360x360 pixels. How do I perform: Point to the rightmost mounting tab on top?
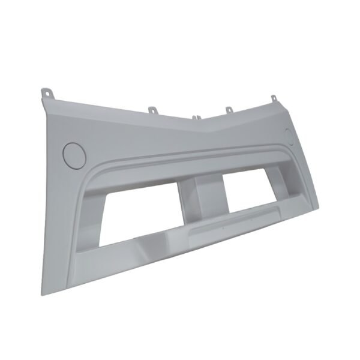pos(273,98)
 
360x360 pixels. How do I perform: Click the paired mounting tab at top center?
pos(197,118)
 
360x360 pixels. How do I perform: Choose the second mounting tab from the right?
pos(229,110)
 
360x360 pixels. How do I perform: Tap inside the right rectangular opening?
pos(252,195)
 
